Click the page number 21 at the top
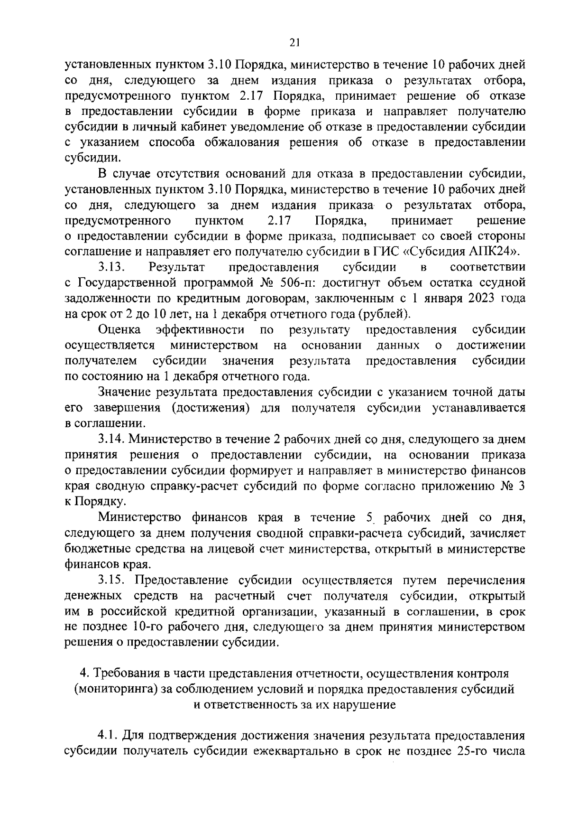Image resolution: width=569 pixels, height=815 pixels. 294,43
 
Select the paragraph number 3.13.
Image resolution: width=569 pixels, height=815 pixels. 111,268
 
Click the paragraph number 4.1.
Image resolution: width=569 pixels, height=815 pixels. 108,736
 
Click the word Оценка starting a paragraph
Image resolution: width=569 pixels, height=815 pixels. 119,330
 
